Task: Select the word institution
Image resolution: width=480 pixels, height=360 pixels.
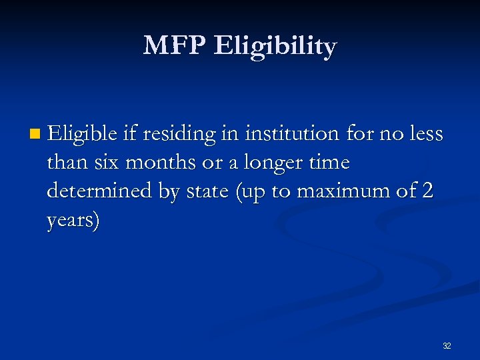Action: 292,134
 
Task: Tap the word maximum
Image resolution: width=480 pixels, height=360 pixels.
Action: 339,191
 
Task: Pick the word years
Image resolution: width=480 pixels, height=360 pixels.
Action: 73,221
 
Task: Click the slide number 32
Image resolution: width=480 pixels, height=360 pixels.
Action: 447,346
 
